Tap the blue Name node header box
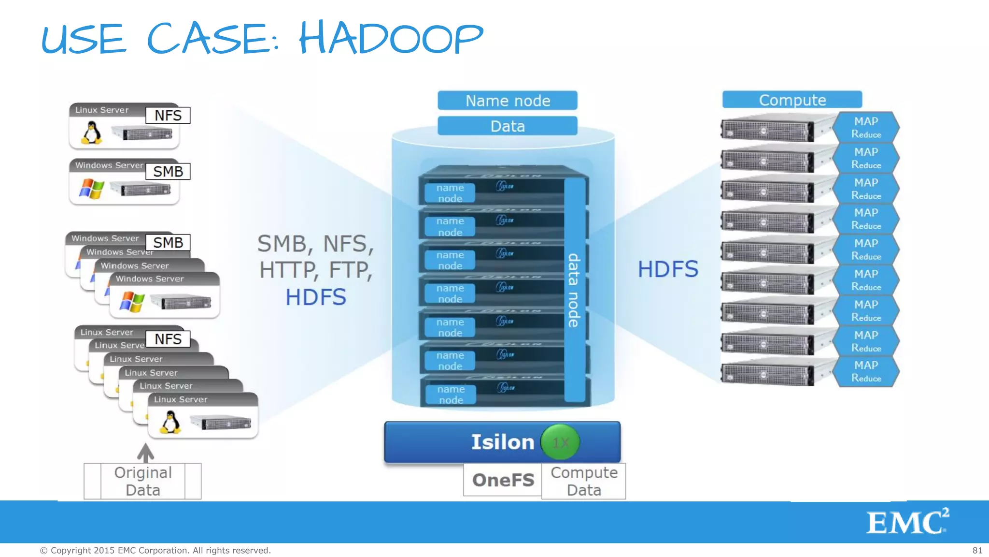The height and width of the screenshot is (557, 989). coord(507,101)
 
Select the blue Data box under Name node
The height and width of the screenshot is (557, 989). coord(507,126)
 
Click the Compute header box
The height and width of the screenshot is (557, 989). coord(792,100)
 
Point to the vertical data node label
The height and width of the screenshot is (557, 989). coord(574,290)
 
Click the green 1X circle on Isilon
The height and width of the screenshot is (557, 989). coord(560,442)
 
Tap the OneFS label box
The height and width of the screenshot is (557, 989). coord(503,480)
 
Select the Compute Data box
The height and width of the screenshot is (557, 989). coord(584,481)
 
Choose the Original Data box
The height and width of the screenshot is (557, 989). coord(142,481)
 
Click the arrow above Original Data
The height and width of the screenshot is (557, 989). coord(145,453)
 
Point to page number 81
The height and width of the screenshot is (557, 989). coord(977,550)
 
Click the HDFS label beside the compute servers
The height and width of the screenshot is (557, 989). coord(668,269)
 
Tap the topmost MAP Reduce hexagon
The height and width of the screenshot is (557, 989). coord(866,127)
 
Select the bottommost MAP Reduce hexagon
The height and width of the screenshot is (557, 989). coord(866,371)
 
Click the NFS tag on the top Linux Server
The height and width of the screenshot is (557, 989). coord(168,116)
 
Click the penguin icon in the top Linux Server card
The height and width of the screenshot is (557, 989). coord(91,132)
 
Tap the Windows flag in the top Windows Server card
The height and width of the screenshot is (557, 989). coord(91,188)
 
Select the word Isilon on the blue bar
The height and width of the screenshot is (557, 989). coord(502,442)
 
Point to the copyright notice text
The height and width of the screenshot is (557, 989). coord(155,550)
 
